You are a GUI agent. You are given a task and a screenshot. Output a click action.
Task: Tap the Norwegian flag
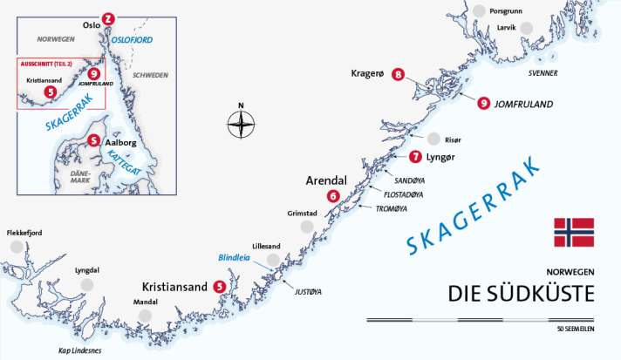pyautogui.click(x=573, y=232)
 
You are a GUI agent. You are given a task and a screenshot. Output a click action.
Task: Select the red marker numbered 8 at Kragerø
pyautogui.click(x=399, y=75)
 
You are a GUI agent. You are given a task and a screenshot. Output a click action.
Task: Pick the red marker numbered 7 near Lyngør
pyautogui.click(x=415, y=157)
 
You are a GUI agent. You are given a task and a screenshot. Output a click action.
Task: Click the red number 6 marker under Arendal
pyautogui.click(x=332, y=196)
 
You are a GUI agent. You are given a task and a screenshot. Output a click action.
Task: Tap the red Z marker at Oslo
pyautogui.click(x=107, y=18)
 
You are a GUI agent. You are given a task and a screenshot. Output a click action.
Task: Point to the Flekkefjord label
pyautogui.click(x=24, y=233)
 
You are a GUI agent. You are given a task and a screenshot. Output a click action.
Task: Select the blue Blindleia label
pyautogui.click(x=233, y=258)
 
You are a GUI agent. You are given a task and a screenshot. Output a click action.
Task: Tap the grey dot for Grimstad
pyautogui.click(x=306, y=227)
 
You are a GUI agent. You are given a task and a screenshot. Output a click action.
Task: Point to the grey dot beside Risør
pyautogui.click(x=433, y=139)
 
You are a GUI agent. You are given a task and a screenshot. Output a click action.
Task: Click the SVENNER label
pyautogui.click(x=540, y=73)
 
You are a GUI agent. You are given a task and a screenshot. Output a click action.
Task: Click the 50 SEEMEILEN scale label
pyautogui.click(x=574, y=329)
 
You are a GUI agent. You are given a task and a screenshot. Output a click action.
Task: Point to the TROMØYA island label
pyautogui.click(x=392, y=209)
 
